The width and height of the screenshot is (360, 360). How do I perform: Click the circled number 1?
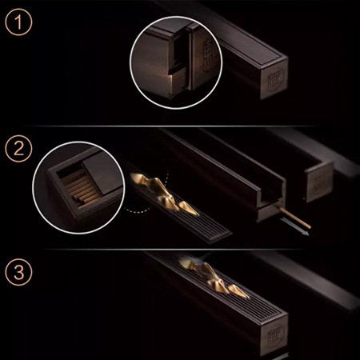coord(18,22)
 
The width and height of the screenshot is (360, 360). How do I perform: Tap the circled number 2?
coord(18,149)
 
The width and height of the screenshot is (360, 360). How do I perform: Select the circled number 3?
coord(18,272)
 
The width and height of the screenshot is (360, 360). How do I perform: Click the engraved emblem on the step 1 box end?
coord(275,78)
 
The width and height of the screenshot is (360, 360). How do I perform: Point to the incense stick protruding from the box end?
coord(295,218)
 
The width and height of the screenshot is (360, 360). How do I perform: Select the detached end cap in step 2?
coord(319,182)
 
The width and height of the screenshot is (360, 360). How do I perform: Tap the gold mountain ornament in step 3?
coord(214,279)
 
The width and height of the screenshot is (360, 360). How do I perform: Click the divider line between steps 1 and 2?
coord(170,126)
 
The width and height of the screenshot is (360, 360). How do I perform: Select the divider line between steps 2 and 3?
coord(174,250)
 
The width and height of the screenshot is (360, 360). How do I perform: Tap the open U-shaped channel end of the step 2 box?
coord(270,202)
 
